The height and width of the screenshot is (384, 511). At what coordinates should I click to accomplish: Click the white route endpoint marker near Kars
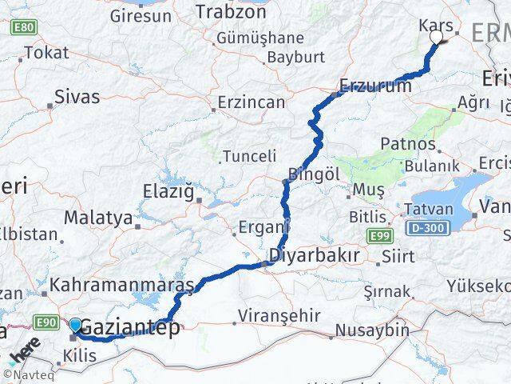coord(436,37)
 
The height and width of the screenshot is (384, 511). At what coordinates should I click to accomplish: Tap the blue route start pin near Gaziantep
coord(76,326)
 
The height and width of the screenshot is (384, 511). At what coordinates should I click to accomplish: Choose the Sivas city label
coord(77,98)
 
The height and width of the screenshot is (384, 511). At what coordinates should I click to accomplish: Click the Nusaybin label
coord(364,330)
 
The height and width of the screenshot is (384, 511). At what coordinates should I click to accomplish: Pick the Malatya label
coord(97,217)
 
